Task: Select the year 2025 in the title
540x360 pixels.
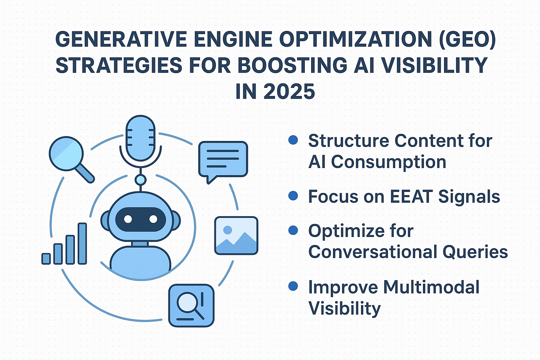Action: click(x=289, y=91)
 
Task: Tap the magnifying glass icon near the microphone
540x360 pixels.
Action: click(x=72, y=159)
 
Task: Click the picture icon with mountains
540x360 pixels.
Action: click(x=236, y=236)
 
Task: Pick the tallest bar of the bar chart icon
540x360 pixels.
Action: click(x=82, y=244)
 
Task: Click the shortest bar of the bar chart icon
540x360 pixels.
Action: click(x=46, y=259)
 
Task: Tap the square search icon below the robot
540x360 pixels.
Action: click(x=191, y=306)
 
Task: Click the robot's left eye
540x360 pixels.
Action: click(x=128, y=219)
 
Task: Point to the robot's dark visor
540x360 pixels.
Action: click(x=141, y=219)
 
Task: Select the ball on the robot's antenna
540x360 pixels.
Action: click(x=141, y=180)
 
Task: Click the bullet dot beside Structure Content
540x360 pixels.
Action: click(x=293, y=140)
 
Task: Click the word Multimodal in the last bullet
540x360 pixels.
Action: click(x=431, y=287)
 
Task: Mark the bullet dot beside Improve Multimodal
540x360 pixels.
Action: click(x=293, y=286)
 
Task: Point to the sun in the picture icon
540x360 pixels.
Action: click(x=227, y=230)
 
